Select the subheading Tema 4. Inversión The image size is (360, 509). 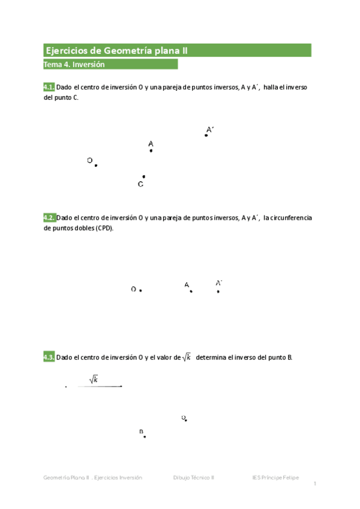(74, 65)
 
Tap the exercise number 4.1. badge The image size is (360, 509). (49, 87)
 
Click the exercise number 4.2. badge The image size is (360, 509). (49, 218)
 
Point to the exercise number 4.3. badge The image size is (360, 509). (49, 358)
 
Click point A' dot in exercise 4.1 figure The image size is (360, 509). (206, 135)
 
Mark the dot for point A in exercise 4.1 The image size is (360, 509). (151, 151)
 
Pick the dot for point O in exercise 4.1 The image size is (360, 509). (96, 165)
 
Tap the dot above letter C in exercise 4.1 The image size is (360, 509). (143, 176)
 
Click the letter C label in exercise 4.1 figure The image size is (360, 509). (140, 184)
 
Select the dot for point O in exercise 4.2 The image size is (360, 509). (140, 291)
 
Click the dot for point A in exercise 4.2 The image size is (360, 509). (191, 291)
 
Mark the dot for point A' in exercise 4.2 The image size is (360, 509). (218, 291)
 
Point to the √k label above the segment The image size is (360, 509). (94, 379)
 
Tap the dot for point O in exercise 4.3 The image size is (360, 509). (186, 420)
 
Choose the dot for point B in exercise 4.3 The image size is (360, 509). (145, 436)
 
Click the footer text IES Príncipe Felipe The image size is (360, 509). (275, 478)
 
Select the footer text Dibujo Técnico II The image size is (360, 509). (194, 478)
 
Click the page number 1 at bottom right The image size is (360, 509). (314, 484)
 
